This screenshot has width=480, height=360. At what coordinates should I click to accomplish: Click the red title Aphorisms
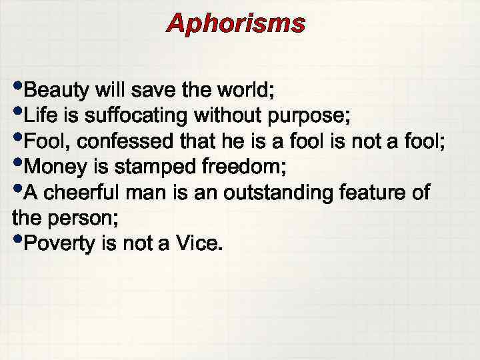(236, 24)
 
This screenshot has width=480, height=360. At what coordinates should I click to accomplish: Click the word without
(224, 116)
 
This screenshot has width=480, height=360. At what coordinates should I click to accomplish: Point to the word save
(163, 90)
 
